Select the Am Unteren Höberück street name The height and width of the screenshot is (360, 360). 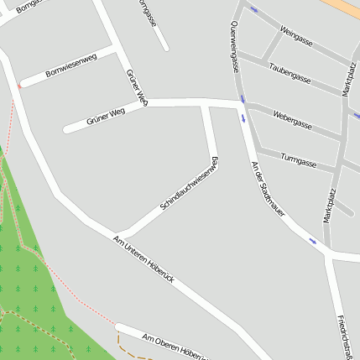tap(143, 258)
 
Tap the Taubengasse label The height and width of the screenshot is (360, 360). tap(290, 73)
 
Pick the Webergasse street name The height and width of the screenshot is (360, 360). tap(293, 119)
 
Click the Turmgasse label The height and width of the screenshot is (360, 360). tap(298, 159)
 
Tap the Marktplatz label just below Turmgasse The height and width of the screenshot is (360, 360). tap(331, 205)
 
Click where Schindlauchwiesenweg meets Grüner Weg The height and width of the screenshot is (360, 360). tap(206, 103)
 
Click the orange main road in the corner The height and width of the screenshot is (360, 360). tap(347, 7)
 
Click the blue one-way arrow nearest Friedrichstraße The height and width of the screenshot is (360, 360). tap(313, 242)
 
